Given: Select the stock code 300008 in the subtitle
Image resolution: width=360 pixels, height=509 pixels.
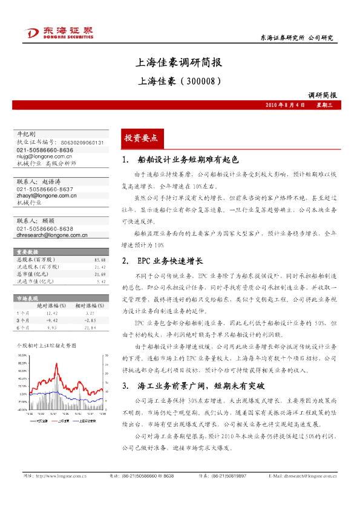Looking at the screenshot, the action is (198, 79).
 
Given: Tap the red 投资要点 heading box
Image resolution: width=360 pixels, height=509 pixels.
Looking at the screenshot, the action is (140, 138).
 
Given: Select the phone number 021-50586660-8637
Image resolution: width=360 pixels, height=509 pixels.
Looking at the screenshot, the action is (45, 189).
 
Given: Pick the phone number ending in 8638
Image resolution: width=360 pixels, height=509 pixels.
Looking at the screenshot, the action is (45, 229).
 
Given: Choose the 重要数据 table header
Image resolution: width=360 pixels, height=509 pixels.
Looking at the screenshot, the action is (28, 251).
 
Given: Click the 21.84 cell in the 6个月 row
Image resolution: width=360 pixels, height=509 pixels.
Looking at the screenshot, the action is (91, 328).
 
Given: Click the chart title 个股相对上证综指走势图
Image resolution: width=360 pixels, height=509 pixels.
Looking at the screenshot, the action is (46, 345).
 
